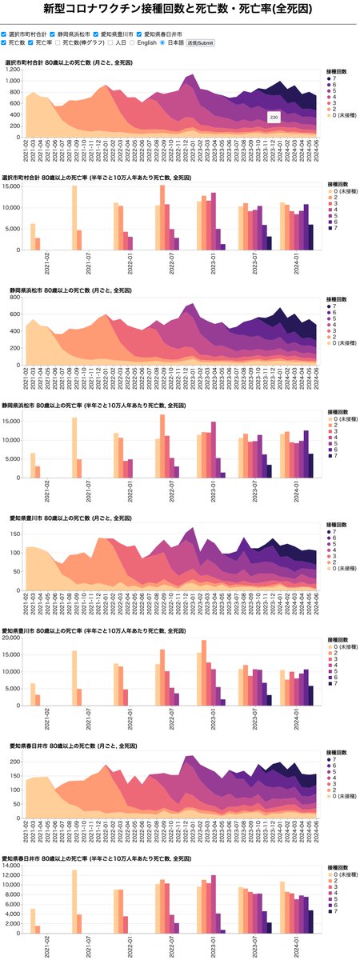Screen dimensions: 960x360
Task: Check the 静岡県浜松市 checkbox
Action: pos(53,34)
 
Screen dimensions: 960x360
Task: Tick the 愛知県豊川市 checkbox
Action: pos(96,34)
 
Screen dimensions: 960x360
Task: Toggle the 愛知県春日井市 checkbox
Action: pos(140,34)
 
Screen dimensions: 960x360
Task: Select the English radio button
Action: pos(133,42)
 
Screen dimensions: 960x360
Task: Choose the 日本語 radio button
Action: pos(162,42)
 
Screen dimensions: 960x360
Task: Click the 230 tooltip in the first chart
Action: pos(274,118)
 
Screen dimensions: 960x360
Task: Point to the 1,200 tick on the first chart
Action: pos(12,70)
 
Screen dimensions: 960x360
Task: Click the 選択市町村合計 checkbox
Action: pos(5,34)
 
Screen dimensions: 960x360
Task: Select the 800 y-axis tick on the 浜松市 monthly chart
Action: pos(15,298)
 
